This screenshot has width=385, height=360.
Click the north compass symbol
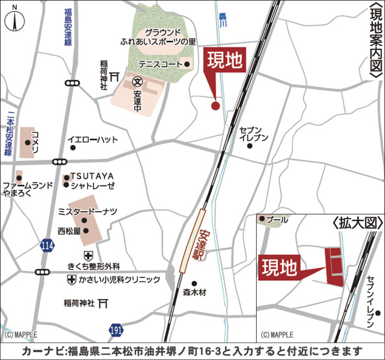[15, 20]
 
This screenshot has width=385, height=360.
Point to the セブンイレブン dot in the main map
[250, 146]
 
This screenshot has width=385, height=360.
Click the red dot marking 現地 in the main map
[215, 106]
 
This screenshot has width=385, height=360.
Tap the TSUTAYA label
[92, 175]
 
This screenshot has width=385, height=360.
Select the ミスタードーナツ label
[87, 211]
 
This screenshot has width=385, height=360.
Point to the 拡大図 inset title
[353, 222]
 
